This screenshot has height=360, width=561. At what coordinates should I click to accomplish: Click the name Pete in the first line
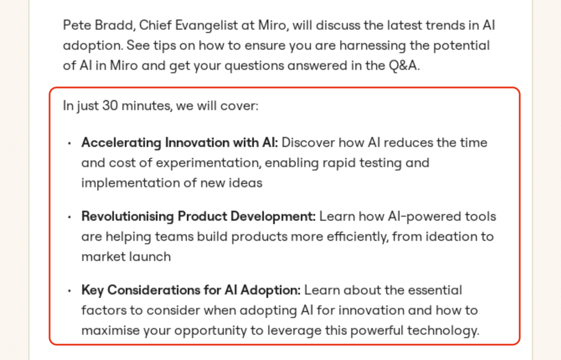click(77, 25)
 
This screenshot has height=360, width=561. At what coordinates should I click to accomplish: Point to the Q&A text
click(404, 66)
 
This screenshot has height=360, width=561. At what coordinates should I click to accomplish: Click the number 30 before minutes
click(110, 106)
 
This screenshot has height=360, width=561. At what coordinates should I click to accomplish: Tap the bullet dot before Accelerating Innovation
click(70, 143)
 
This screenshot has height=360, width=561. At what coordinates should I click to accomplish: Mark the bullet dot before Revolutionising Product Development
click(70, 217)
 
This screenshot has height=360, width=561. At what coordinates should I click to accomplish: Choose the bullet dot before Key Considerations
click(70, 291)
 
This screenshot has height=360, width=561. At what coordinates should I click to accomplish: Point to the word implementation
click(131, 184)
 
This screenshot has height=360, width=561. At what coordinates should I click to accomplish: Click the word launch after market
click(150, 257)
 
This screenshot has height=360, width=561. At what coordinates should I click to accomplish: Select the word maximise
click(110, 330)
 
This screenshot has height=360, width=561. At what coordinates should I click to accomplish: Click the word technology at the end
click(443, 331)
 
